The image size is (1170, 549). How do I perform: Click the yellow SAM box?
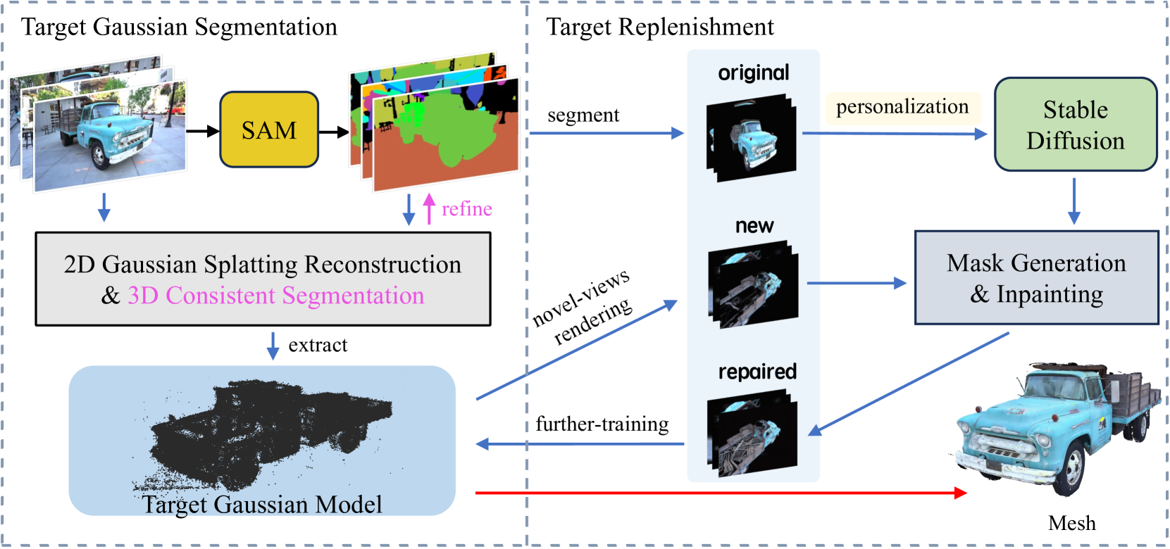[x=269, y=130]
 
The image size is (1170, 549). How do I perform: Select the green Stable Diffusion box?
[x=1075, y=125]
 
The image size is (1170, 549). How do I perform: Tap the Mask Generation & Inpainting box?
[x=1036, y=278]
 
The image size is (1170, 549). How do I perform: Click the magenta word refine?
[x=466, y=209]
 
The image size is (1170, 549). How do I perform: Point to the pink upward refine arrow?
[x=429, y=209]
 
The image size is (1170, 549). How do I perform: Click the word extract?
[x=318, y=345]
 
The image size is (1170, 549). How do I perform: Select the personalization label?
[x=902, y=107]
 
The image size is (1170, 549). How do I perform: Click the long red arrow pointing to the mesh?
[x=718, y=493]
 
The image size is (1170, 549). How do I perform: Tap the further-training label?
[x=602, y=424]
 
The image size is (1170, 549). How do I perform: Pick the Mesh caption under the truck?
[x=1071, y=523]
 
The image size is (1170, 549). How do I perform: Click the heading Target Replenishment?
[x=660, y=27]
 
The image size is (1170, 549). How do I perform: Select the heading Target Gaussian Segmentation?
[x=179, y=27]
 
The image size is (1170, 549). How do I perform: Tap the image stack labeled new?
[x=753, y=284]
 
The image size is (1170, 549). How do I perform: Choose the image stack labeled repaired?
[x=752, y=433]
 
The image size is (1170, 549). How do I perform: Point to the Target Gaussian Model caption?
[x=262, y=505]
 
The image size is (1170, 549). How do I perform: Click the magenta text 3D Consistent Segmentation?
[x=275, y=296]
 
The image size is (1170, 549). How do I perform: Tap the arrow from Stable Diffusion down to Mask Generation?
[x=1074, y=201]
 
